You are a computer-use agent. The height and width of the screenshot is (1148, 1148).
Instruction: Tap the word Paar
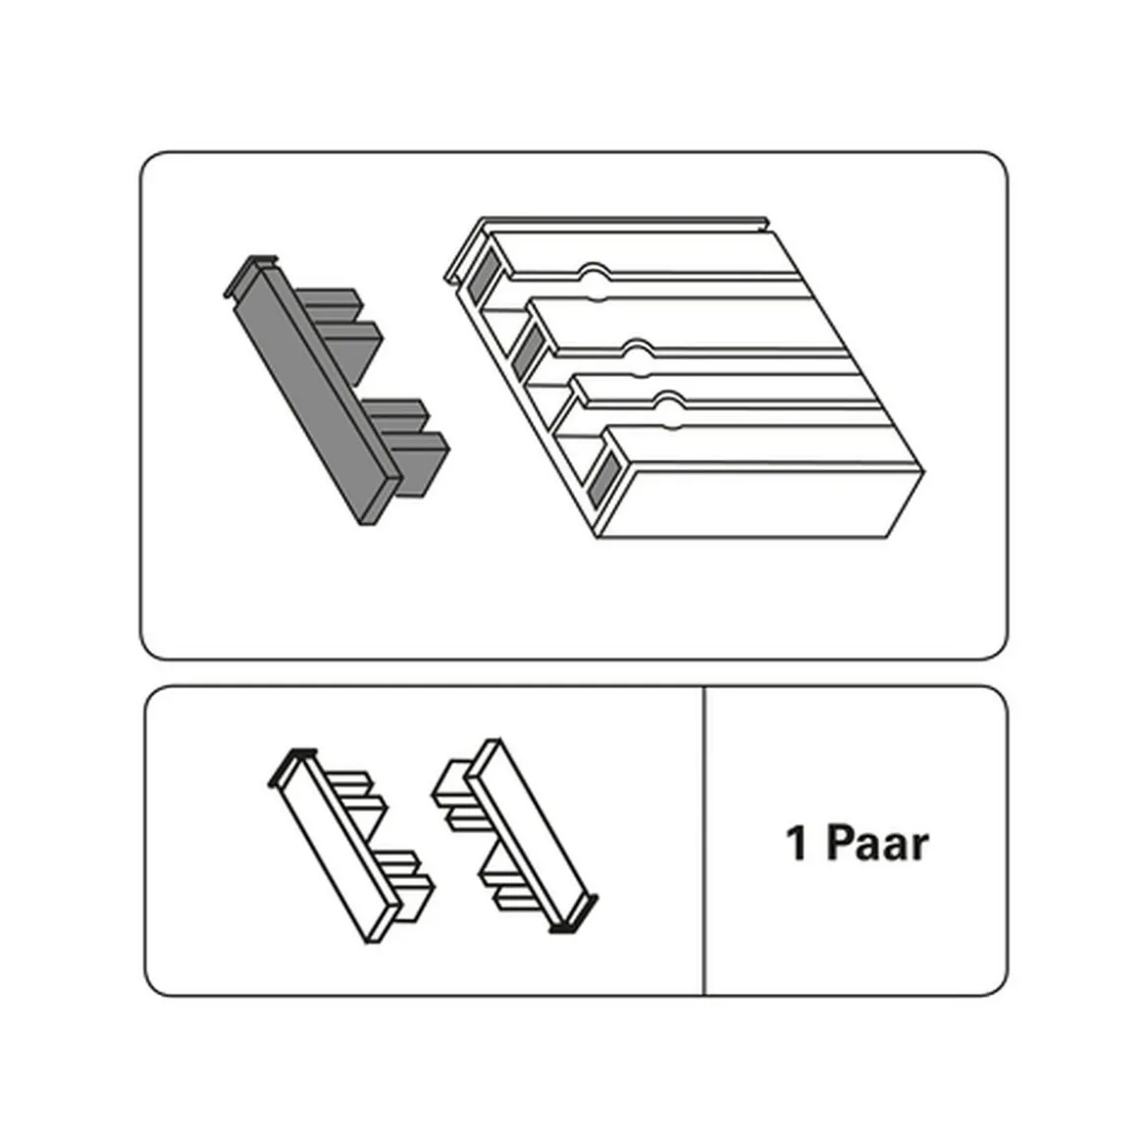[878, 843]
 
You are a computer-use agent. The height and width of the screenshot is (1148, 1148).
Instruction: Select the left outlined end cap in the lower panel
[351, 846]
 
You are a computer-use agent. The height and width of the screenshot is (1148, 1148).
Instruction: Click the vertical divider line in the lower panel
[704, 841]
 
